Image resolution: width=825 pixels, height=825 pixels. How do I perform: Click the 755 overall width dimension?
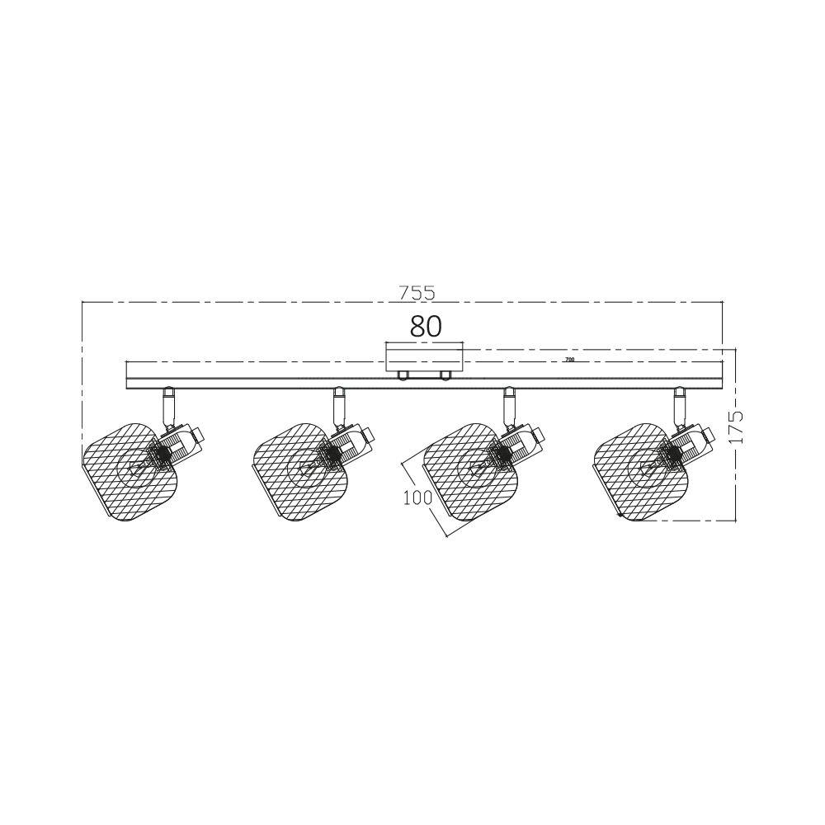(416, 293)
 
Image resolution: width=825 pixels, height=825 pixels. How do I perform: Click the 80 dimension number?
(426, 326)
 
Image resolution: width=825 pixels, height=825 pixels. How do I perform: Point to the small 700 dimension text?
(568, 361)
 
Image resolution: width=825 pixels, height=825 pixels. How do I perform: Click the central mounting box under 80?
(426, 359)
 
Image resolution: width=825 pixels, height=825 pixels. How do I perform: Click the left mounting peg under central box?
(404, 376)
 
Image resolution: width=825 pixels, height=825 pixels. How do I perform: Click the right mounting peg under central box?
(446, 376)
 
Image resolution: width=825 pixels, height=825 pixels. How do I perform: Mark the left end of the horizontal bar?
(127, 375)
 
